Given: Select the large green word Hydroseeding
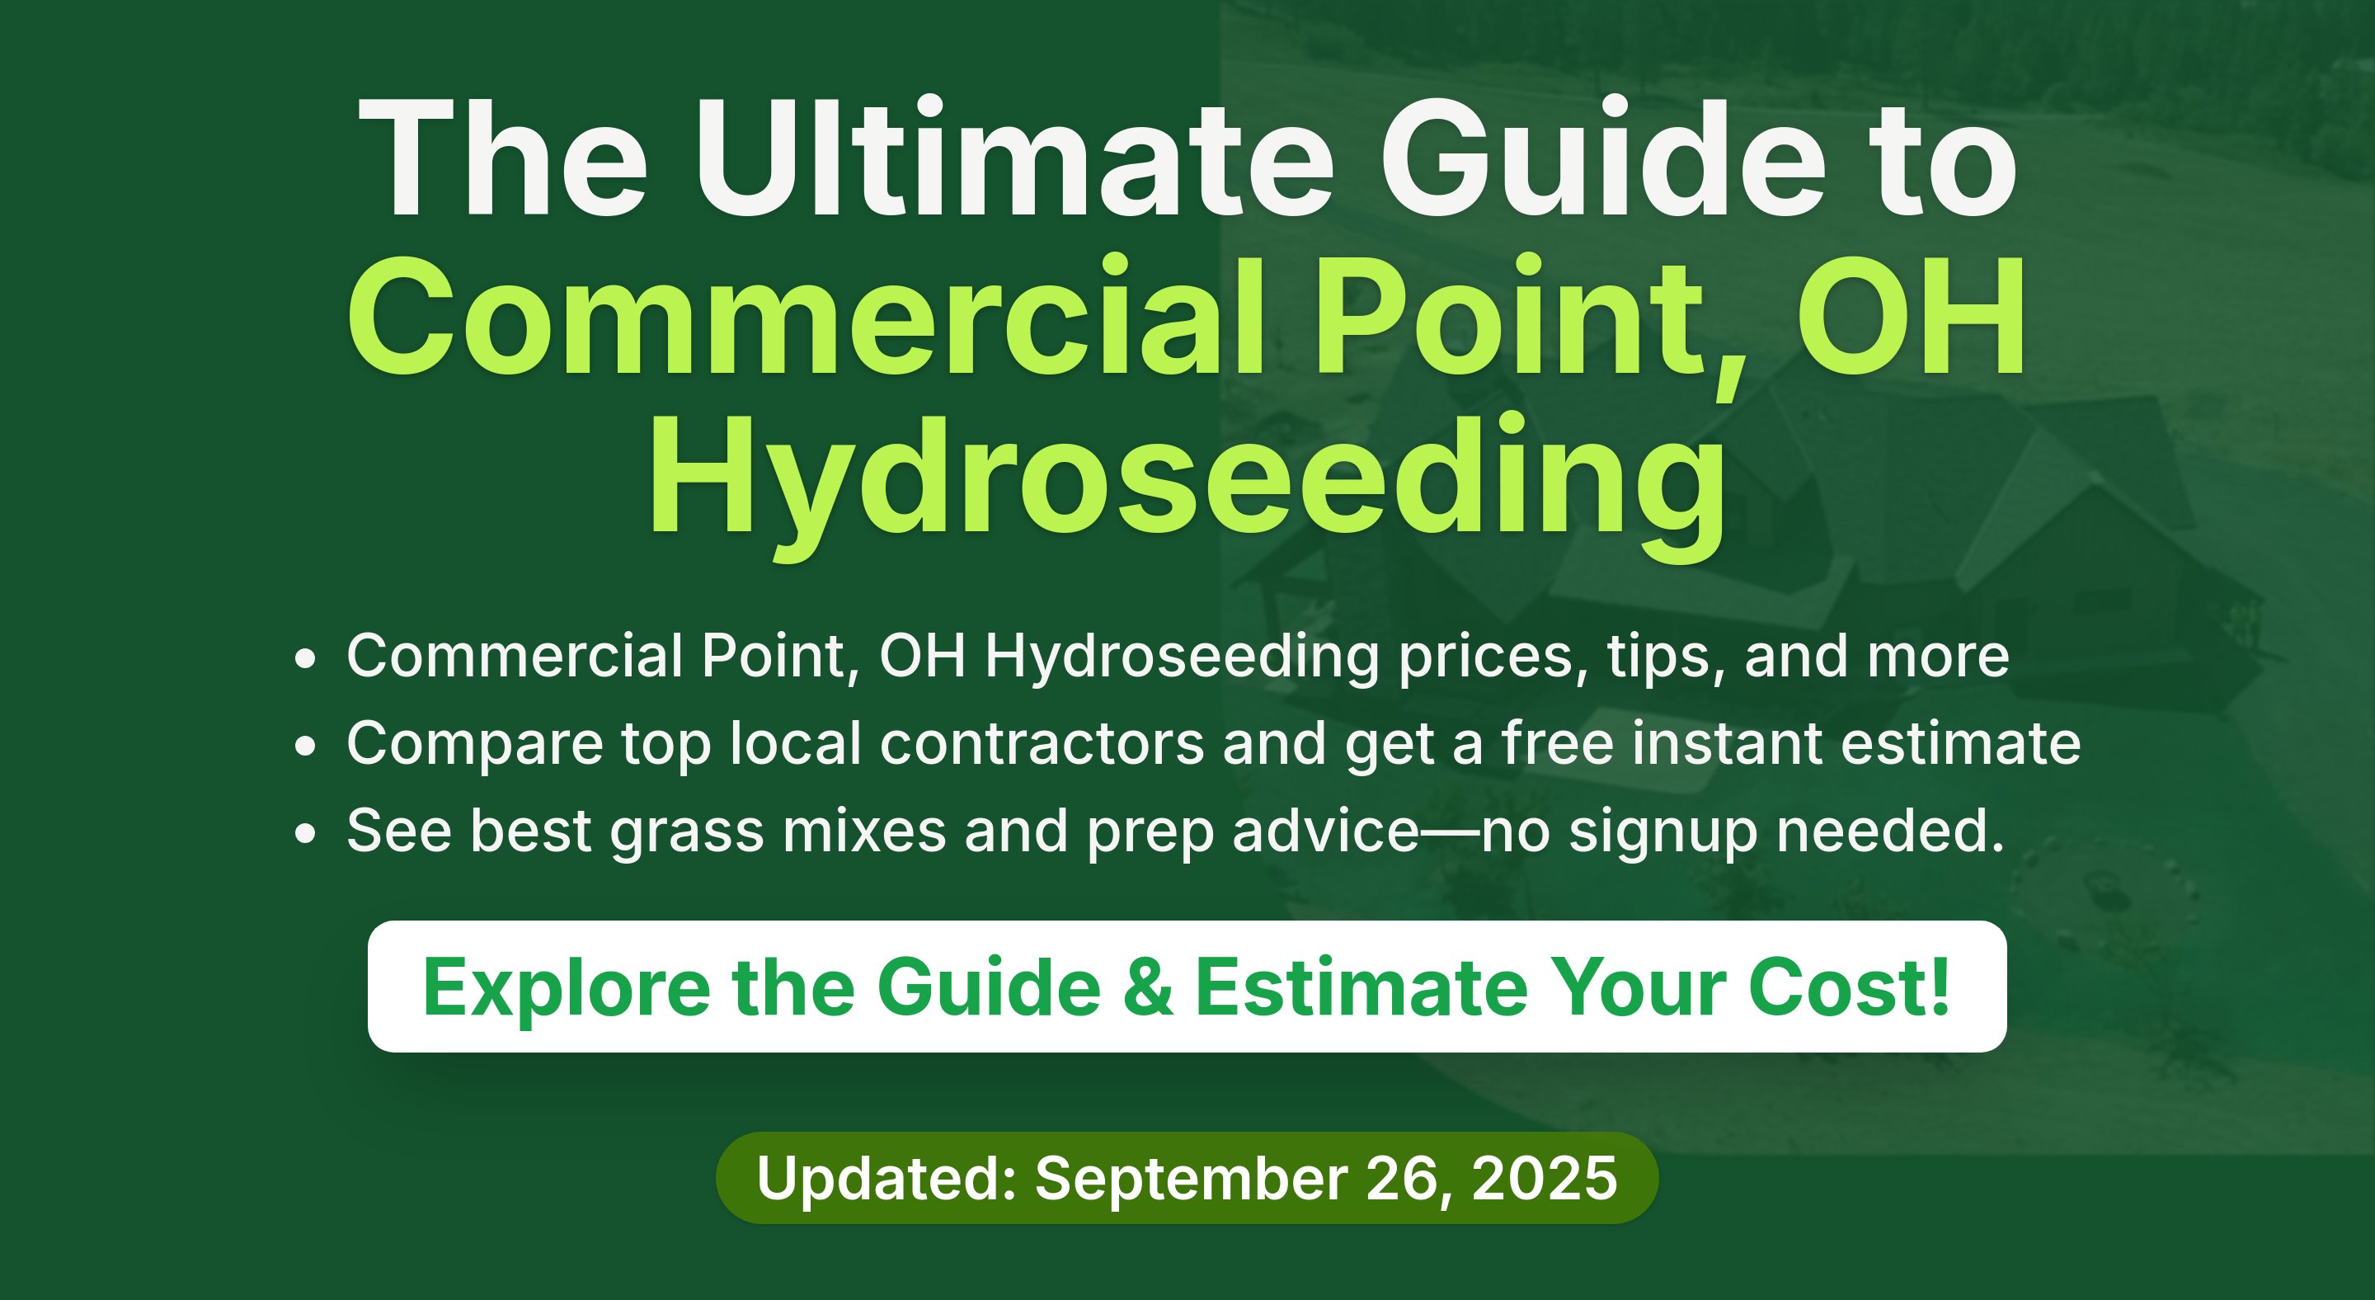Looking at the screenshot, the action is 1187,484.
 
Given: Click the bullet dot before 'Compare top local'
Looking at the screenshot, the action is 305,746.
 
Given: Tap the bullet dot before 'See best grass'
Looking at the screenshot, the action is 305,833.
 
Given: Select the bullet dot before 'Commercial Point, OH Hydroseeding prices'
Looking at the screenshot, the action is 305,659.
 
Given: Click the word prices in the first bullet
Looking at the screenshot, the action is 1493,658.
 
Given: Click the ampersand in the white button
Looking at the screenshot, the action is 1149,987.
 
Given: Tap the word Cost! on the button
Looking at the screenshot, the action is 1850,987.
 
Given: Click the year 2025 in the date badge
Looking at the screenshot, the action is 1545,1178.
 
